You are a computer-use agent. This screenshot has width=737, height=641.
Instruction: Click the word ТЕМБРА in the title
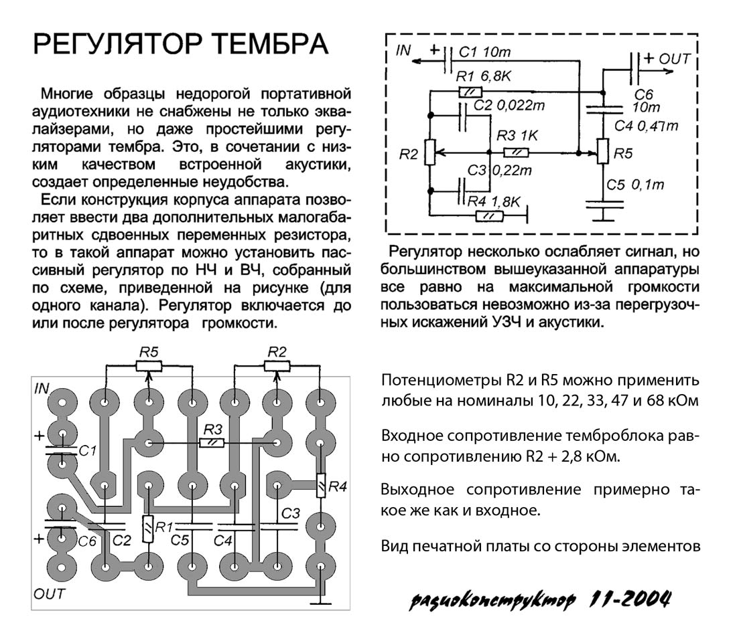point(269,45)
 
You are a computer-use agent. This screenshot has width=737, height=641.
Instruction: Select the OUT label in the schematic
point(675,59)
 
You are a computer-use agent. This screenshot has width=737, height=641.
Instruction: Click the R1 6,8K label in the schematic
point(482,77)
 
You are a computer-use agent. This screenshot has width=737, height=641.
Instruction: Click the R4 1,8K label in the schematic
point(494,201)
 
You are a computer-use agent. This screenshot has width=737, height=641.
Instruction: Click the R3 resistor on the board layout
point(212,442)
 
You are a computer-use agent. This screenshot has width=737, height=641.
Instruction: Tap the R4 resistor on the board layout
point(321,485)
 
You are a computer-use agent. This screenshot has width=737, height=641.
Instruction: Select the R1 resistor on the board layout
point(147,529)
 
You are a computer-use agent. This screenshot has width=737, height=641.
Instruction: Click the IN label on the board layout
point(42,387)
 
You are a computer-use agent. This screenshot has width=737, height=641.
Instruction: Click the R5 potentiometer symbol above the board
point(147,365)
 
